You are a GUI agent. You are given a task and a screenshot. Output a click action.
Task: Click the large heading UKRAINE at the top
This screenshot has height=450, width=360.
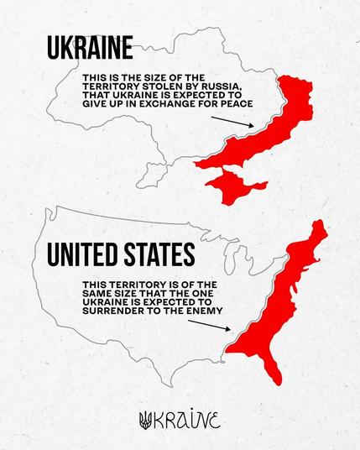[x=90, y=47]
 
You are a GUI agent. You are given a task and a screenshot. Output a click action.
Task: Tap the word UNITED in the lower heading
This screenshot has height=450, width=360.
[x=78, y=254]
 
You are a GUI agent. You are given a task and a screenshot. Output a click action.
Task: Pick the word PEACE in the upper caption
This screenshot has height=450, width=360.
[x=237, y=105]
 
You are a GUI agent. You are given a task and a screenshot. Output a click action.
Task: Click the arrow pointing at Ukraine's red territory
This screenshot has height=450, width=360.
[x=231, y=123]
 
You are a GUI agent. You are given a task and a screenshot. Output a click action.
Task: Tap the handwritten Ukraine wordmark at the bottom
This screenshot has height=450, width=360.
[x=189, y=420]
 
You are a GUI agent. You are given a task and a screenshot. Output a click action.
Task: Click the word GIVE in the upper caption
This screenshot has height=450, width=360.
[x=93, y=105]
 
